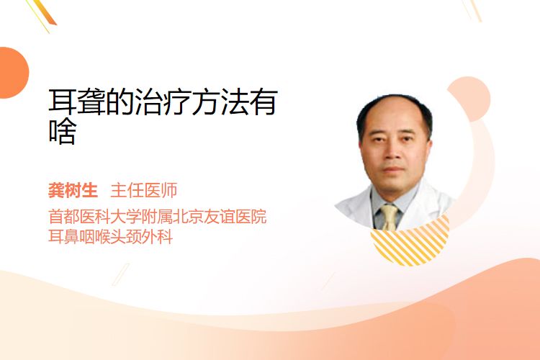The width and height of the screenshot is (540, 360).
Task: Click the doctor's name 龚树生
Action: (73, 191)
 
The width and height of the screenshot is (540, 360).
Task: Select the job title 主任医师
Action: (143, 191)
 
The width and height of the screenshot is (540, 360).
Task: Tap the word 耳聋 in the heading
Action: (77, 102)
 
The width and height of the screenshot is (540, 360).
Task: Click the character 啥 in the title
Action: (63, 131)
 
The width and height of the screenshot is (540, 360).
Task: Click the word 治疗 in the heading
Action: (163, 102)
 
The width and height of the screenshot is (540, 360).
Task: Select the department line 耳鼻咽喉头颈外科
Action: (110, 237)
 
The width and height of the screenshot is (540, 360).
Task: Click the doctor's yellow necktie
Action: (390, 217)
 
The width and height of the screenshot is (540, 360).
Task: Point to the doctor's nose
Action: (392, 153)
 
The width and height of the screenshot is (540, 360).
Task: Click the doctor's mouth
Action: (393, 169)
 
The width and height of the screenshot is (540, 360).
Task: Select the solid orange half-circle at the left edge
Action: (13, 73)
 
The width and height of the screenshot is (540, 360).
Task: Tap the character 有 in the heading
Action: (264, 102)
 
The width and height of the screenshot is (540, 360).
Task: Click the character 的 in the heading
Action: (120, 102)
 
